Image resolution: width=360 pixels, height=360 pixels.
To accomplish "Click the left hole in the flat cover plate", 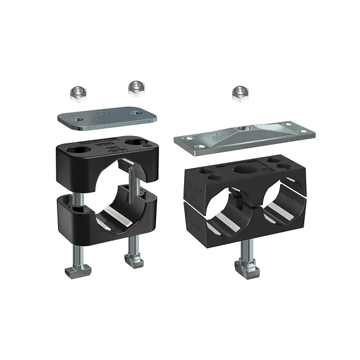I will point(76,121).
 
